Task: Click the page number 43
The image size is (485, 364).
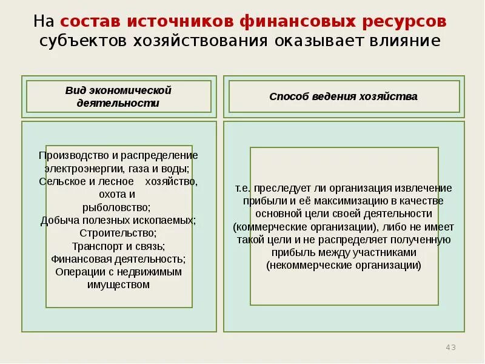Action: tap(450, 348)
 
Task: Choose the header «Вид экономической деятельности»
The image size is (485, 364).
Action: tap(118, 96)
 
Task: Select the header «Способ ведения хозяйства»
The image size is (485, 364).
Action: tap(343, 96)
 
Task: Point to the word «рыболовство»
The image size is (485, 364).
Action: tap(118, 207)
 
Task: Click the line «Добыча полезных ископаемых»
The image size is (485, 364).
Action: tap(118, 220)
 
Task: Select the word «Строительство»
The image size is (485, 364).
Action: tap(118, 233)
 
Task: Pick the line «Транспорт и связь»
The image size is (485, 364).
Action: tap(118, 246)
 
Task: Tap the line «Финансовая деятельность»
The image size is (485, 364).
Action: tap(118, 259)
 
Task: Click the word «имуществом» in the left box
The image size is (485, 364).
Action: tap(118, 285)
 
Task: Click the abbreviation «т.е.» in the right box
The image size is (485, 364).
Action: tap(243, 188)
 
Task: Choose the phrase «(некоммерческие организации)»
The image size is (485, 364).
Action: tap(343, 265)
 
